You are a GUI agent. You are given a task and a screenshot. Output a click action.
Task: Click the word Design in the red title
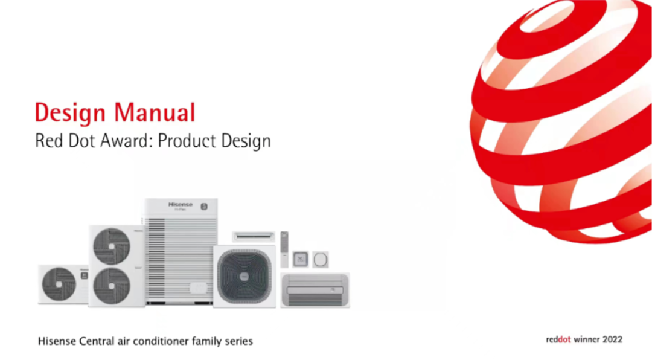[70, 113]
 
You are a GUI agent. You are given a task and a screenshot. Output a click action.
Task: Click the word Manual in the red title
[155, 112]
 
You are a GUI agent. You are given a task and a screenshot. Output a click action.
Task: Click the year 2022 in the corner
[612, 339]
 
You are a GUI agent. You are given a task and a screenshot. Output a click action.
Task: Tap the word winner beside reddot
[586, 339]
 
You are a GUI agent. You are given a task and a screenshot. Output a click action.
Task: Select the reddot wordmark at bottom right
[558, 339]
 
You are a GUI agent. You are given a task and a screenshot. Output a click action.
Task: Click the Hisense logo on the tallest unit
[181, 204]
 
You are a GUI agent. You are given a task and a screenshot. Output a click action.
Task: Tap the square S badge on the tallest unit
[204, 206]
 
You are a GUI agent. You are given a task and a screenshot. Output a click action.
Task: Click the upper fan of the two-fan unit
[112, 246]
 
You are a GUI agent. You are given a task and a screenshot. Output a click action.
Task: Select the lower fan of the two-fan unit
[112, 286]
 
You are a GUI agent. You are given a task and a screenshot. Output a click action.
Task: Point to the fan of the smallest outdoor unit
[59, 284]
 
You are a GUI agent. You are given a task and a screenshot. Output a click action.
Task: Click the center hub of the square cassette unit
[245, 276]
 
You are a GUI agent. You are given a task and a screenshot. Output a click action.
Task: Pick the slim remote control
[284, 249]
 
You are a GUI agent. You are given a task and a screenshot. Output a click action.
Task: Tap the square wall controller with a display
[300, 259]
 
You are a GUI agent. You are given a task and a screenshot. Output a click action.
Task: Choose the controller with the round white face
[321, 260]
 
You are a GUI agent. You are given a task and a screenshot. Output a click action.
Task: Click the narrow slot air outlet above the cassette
[253, 236]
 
